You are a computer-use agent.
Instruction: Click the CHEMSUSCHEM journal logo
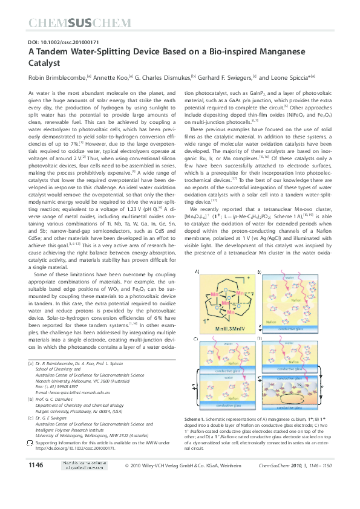tap(80, 24)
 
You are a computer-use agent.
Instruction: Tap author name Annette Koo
tap(110, 77)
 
